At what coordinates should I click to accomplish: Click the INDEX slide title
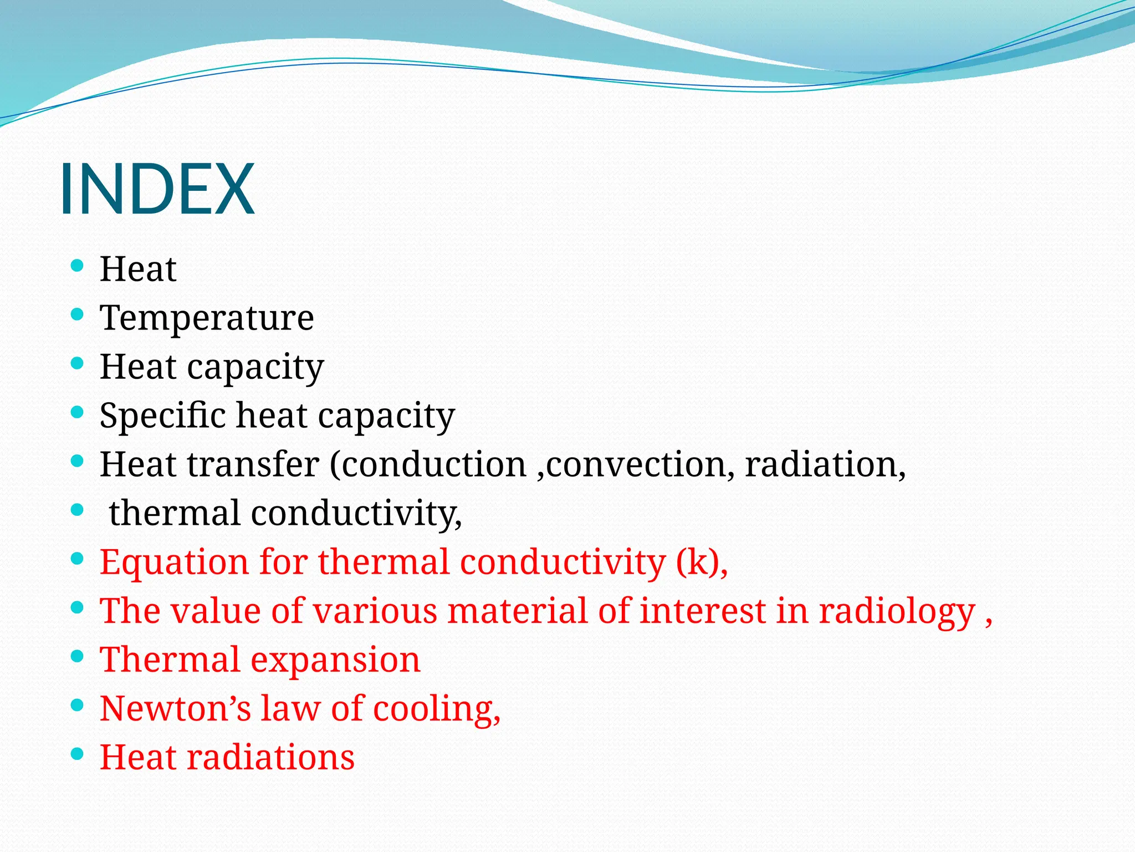coord(157,189)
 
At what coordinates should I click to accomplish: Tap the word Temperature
coord(207,318)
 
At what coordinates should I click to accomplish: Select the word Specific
coord(163,416)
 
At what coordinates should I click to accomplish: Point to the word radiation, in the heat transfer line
coord(825,464)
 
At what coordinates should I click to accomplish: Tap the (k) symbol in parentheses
coord(697,562)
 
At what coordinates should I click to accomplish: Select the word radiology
coord(896,611)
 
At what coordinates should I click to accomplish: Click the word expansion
coord(335,660)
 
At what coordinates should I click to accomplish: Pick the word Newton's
coord(175,709)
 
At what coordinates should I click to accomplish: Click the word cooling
coord(436,709)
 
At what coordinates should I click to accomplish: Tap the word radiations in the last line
coord(270,758)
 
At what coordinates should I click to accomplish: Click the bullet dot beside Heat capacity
coord(78,364)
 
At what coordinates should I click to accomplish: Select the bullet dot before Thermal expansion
coord(78,657)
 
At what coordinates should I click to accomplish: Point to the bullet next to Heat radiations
coord(78,754)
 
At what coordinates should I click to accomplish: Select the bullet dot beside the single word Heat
coord(78,266)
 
